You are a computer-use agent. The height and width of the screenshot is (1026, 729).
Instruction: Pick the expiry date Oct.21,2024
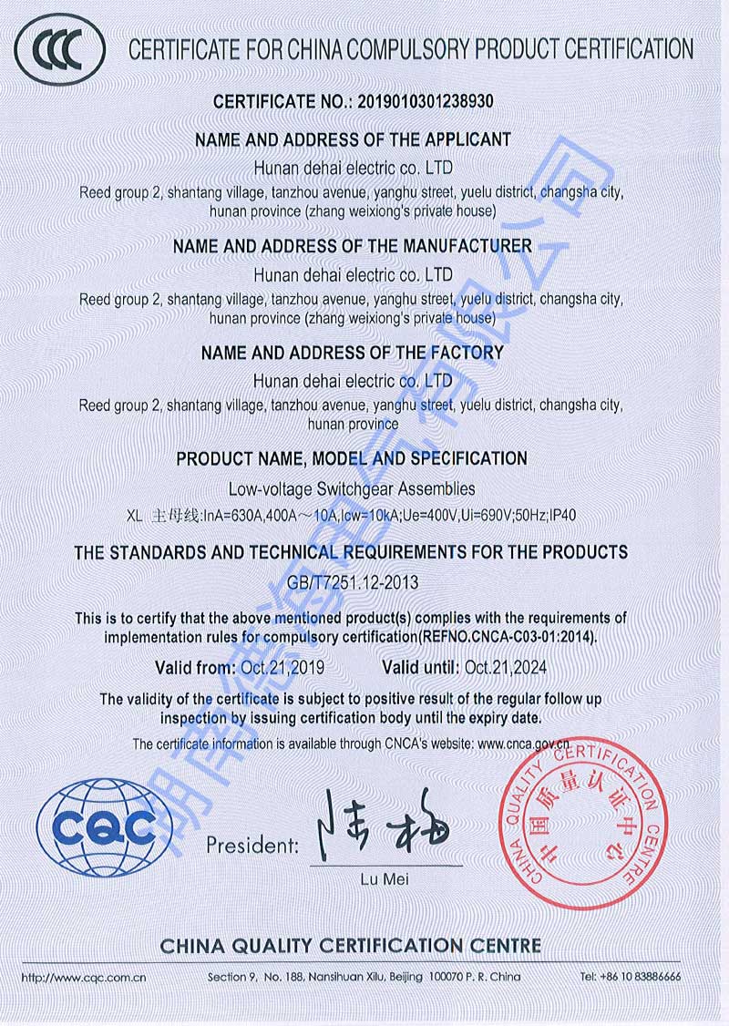(x=506, y=668)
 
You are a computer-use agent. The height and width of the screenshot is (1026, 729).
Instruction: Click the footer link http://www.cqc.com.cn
(x=84, y=977)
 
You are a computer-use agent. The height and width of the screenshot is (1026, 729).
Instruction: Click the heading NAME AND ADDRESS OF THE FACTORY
(x=352, y=353)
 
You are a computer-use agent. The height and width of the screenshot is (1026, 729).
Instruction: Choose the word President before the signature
(x=252, y=845)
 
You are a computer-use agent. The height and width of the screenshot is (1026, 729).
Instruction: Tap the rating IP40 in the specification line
(x=563, y=515)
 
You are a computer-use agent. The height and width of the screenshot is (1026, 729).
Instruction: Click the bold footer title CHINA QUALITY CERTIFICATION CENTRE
(x=351, y=946)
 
